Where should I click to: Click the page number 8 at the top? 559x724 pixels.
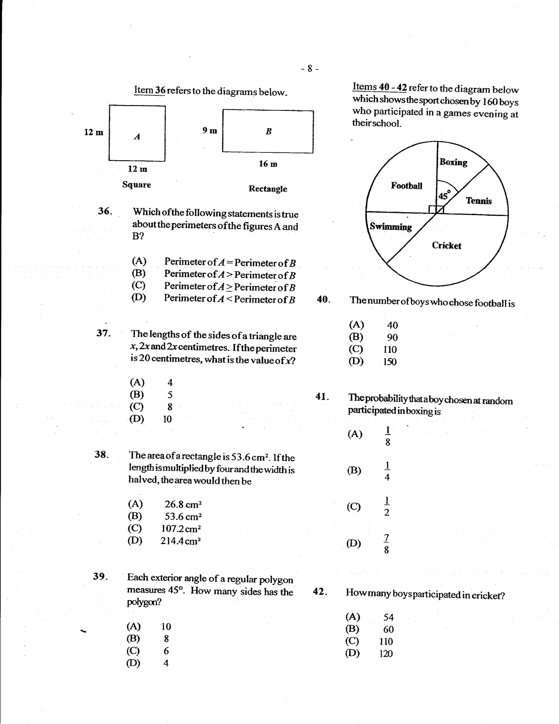click(x=310, y=69)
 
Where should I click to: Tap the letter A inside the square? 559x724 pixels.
click(x=137, y=136)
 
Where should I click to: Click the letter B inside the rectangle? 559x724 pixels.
click(x=268, y=131)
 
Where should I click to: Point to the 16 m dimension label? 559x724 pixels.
click(x=268, y=164)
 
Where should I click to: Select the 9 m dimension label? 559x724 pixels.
click(x=210, y=131)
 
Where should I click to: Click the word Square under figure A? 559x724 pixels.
click(x=136, y=185)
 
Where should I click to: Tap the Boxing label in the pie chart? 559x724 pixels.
click(x=453, y=162)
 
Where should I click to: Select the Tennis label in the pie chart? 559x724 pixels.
click(x=478, y=200)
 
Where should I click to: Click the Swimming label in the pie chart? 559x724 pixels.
click(x=391, y=227)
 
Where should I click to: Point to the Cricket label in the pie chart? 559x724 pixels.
click(x=446, y=246)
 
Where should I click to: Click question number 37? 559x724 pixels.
click(x=103, y=333)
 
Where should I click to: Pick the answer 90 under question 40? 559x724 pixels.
click(x=392, y=338)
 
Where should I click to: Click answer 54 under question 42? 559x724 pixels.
click(x=388, y=617)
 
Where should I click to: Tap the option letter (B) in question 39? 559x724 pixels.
click(x=133, y=639)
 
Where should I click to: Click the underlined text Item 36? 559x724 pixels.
click(x=150, y=90)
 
